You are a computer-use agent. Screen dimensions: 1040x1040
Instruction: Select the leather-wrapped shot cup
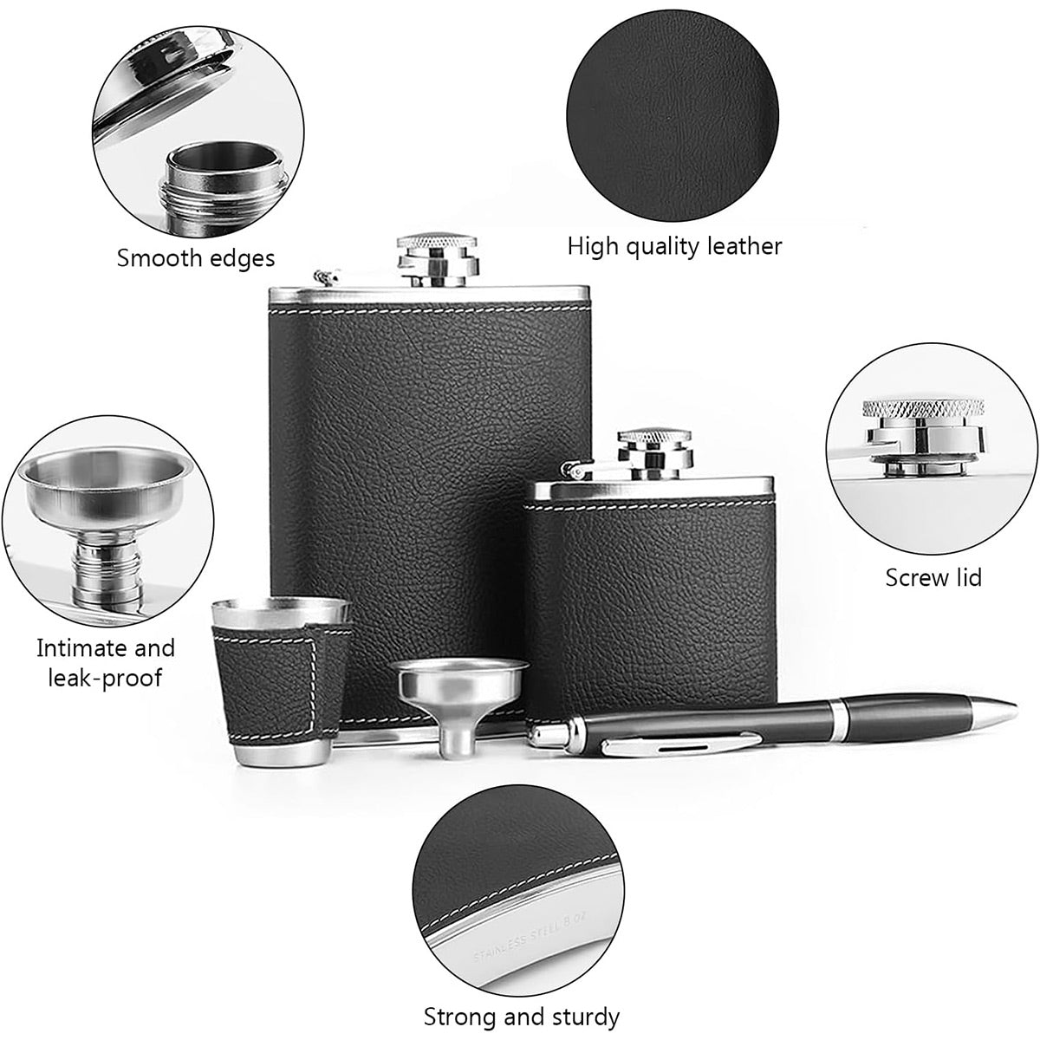281,680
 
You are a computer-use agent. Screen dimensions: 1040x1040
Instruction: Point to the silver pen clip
682,745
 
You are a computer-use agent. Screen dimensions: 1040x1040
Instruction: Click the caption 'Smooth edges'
196,258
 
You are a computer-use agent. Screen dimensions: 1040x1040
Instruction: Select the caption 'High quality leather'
674,246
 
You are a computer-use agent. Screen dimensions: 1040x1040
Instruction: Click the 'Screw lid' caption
933,577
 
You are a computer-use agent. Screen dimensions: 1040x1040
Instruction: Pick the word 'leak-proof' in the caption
105,678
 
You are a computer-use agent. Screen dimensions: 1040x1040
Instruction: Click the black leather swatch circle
673,115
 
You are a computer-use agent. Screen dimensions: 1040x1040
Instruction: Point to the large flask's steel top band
429,295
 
